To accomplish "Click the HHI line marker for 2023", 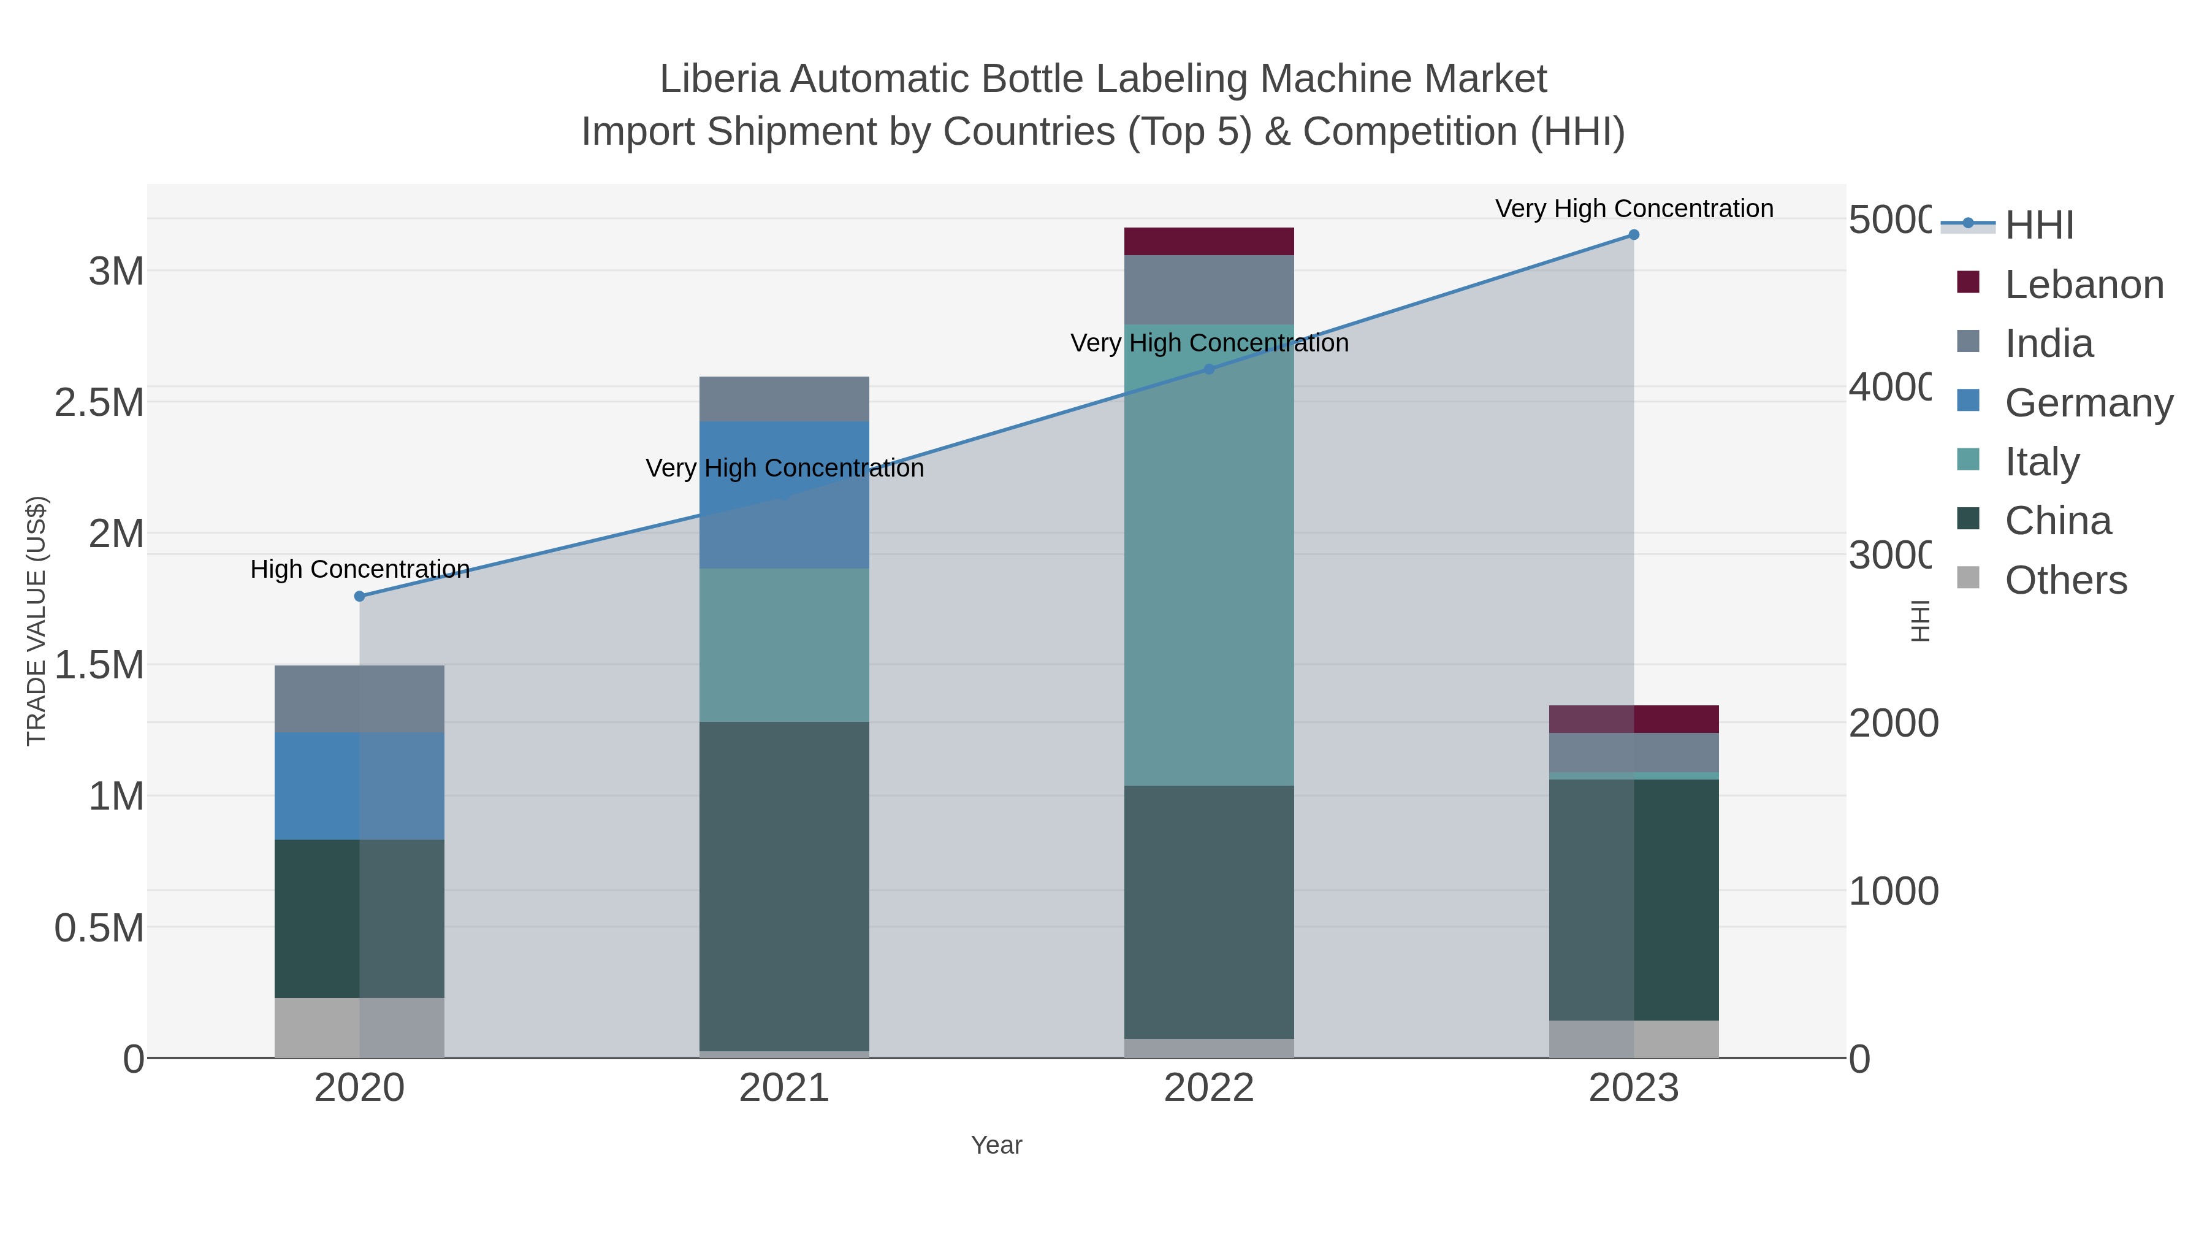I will click(1633, 235).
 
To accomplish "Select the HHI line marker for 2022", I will click(1209, 369).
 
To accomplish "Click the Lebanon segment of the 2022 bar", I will click(1209, 242).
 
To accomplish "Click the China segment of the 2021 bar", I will click(784, 886).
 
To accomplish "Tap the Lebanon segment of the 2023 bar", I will click(1633, 719).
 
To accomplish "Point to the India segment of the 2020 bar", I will click(360, 699).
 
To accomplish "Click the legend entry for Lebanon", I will click(2084, 285).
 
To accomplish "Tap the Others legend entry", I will click(2065, 580).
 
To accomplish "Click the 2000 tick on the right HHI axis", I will click(1893, 724).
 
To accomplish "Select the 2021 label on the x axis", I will click(784, 1089).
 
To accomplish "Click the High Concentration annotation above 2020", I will click(360, 569).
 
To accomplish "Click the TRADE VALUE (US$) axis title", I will click(36, 621).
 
